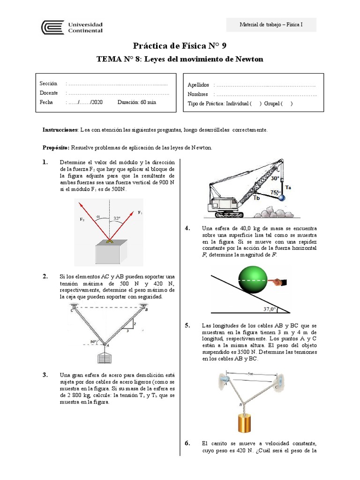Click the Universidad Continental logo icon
point(52,27)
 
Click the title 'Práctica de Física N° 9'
point(180,46)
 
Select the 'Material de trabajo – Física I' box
point(271,25)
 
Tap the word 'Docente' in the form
point(49,93)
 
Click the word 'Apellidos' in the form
point(198,85)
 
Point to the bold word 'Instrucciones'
point(60,129)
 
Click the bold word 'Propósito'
point(56,147)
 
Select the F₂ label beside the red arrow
point(82,219)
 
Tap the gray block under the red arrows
point(110,254)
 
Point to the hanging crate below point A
point(104,358)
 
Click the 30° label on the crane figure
point(275,179)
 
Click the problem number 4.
point(187,228)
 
